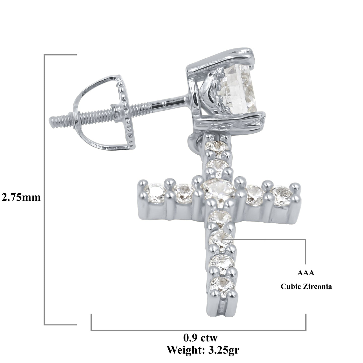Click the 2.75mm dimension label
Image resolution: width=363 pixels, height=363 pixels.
21,197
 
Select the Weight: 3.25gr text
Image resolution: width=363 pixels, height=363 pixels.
203,350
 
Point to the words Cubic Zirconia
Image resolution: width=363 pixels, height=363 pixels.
306,287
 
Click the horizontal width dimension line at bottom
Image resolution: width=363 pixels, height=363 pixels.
198,330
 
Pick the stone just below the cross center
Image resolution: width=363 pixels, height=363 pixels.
220,216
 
